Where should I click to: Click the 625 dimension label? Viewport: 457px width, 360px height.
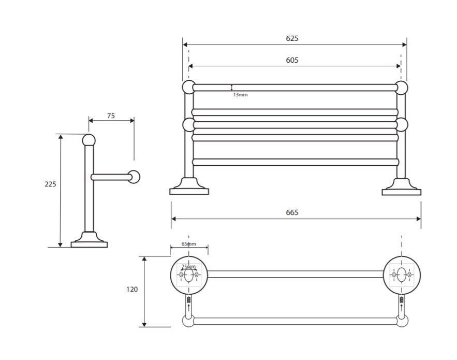(x=292, y=38)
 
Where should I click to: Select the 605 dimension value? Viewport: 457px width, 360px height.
(x=292, y=60)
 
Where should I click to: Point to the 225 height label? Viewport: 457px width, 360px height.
(x=50, y=184)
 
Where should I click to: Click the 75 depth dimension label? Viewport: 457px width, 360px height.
(x=111, y=116)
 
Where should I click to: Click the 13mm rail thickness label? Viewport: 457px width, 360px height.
(x=240, y=95)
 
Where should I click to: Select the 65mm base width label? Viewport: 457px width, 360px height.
(x=189, y=243)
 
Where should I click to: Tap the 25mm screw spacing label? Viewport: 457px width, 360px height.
(x=188, y=267)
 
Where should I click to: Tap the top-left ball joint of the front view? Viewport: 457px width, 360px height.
(x=188, y=88)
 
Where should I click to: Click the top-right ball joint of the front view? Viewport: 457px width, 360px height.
(x=402, y=88)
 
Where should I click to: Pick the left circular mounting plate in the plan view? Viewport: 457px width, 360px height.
(x=189, y=275)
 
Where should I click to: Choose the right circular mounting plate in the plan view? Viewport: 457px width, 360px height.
(x=402, y=275)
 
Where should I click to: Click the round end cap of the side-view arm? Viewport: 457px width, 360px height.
(x=135, y=177)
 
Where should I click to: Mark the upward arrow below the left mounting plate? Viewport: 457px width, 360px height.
(x=188, y=307)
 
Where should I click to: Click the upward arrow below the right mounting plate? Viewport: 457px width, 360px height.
(x=402, y=307)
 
